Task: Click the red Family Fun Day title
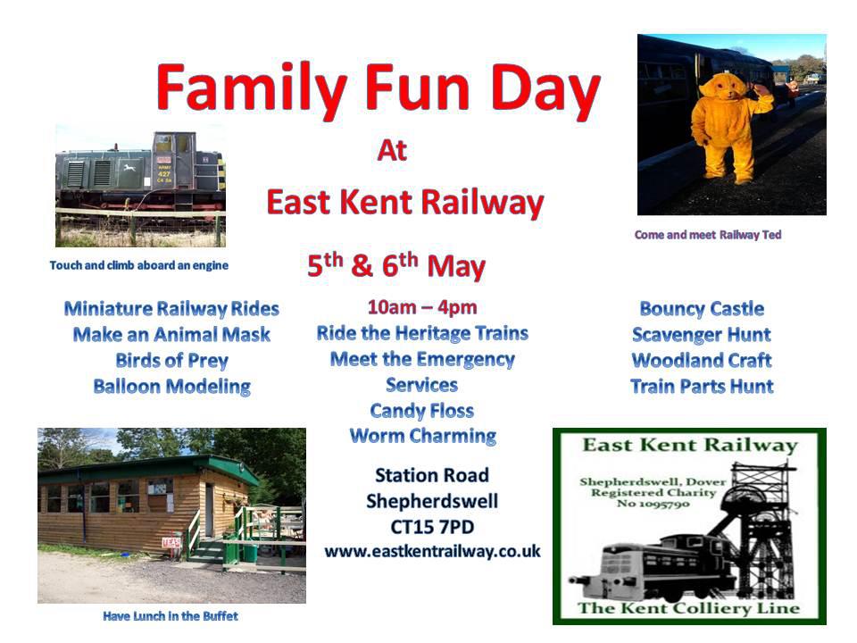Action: click(379, 90)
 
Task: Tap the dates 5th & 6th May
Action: click(396, 266)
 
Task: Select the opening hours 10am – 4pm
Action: click(422, 307)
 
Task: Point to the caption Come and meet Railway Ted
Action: click(708, 235)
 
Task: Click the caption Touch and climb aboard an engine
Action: click(139, 265)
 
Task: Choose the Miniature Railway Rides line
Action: click(171, 309)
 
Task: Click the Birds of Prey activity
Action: click(171, 361)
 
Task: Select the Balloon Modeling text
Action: click(171, 387)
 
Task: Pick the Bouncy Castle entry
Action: click(702, 309)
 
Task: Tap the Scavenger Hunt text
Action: click(702, 335)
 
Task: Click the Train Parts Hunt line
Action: click(702, 387)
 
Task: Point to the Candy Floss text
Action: click(422, 411)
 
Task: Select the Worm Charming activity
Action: click(423, 437)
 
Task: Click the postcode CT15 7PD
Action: click(432, 527)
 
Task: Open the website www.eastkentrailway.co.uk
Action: click(432, 551)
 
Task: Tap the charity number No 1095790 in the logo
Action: click(653, 504)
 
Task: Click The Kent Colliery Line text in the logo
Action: click(688, 608)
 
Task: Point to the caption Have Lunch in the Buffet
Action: click(171, 616)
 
